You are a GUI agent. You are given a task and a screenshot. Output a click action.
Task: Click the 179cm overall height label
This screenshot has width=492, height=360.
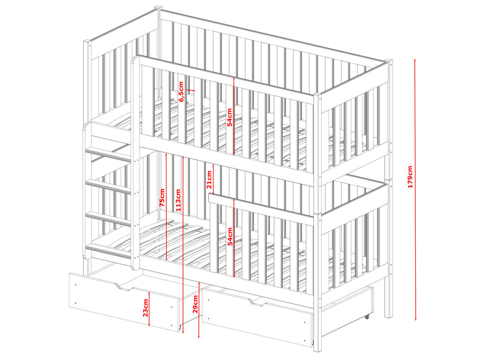(410, 177)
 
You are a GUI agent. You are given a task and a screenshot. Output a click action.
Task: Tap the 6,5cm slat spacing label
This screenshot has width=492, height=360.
(182, 91)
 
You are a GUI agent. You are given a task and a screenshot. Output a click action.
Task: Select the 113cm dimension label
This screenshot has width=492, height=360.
(178, 200)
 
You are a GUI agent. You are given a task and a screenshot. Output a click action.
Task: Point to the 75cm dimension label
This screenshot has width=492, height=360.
(162, 197)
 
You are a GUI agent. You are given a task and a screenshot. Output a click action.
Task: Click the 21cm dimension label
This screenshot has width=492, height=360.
(209, 180)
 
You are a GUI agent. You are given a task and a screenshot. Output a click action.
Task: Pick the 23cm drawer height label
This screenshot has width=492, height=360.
(145, 308)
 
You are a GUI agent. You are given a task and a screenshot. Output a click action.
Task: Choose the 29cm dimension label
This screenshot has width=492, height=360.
(195, 304)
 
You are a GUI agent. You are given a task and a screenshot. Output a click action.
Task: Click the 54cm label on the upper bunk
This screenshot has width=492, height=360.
(229, 117)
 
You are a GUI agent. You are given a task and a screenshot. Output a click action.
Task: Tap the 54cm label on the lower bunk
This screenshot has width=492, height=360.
(230, 237)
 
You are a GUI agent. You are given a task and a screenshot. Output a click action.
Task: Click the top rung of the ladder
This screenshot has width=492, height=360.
(109, 155)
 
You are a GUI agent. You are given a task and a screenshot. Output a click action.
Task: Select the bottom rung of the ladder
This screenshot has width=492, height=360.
(109, 252)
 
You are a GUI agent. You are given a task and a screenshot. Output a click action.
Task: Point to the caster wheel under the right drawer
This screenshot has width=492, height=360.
(367, 317)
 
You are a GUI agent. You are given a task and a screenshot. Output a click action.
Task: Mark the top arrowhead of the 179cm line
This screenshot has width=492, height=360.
(415, 60)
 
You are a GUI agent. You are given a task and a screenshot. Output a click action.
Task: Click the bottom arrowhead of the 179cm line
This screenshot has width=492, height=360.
(415, 319)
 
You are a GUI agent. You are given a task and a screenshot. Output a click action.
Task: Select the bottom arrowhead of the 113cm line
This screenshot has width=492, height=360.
(183, 332)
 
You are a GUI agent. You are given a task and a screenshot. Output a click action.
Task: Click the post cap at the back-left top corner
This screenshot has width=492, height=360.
(158, 7)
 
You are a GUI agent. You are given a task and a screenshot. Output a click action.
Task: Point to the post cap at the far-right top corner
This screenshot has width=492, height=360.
(389, 60)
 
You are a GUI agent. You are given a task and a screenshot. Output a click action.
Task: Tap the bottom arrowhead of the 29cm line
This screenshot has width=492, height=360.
(199, 336)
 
